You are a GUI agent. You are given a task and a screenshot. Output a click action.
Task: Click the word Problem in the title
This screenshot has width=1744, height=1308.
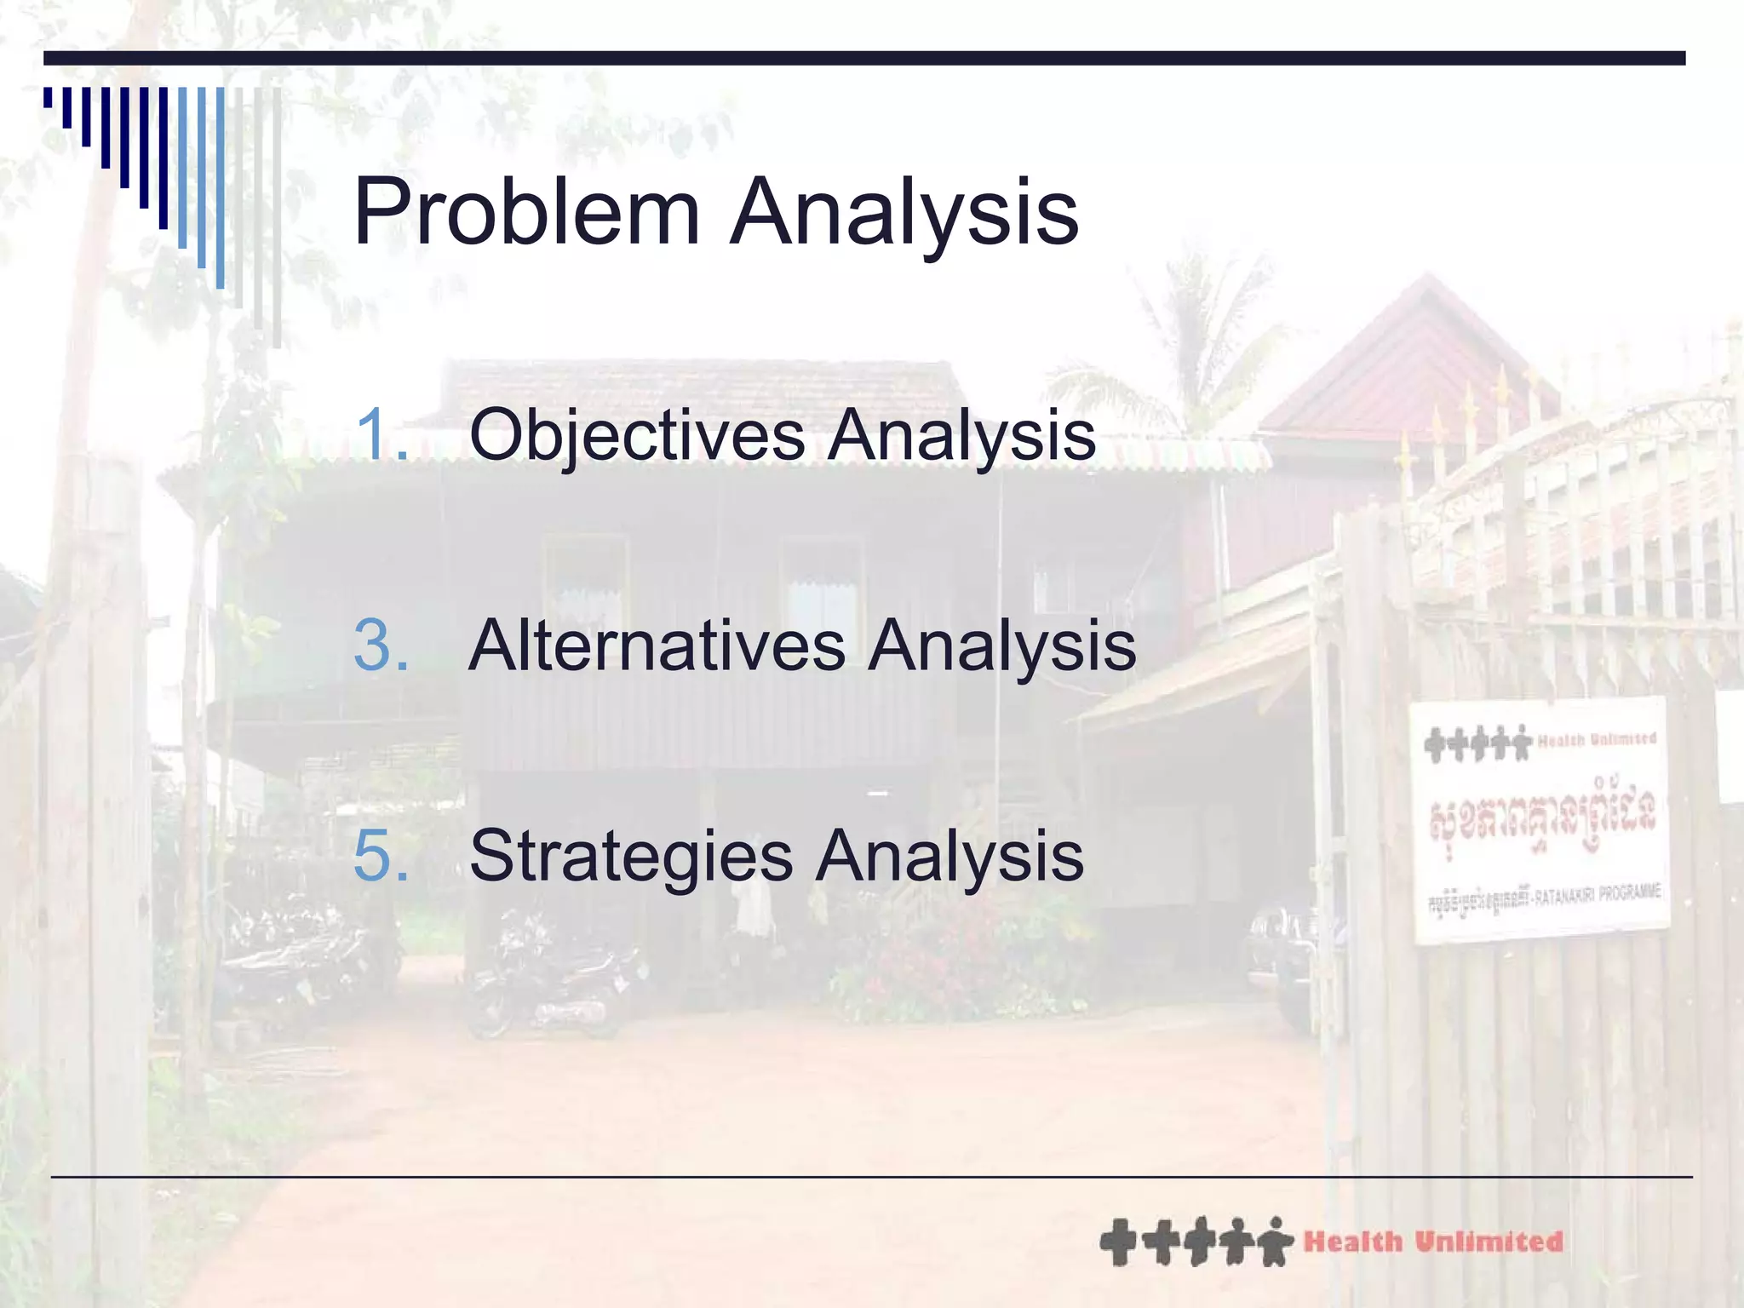525,211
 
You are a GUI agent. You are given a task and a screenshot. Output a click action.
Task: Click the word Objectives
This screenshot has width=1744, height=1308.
637,435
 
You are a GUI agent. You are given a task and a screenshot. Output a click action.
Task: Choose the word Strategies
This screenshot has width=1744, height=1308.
630,856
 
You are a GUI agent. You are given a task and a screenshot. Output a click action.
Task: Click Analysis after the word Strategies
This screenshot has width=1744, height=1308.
949,856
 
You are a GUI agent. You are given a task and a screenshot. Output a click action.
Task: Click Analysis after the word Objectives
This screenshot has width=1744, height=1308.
962,435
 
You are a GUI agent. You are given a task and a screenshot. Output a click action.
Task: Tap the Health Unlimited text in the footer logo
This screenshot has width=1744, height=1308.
1433,1242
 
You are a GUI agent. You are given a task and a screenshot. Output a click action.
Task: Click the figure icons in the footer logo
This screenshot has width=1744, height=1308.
1196,1242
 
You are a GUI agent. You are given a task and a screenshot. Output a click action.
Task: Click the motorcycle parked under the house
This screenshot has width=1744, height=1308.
554,979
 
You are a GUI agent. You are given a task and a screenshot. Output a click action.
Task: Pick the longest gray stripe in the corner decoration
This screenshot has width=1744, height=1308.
277,217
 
